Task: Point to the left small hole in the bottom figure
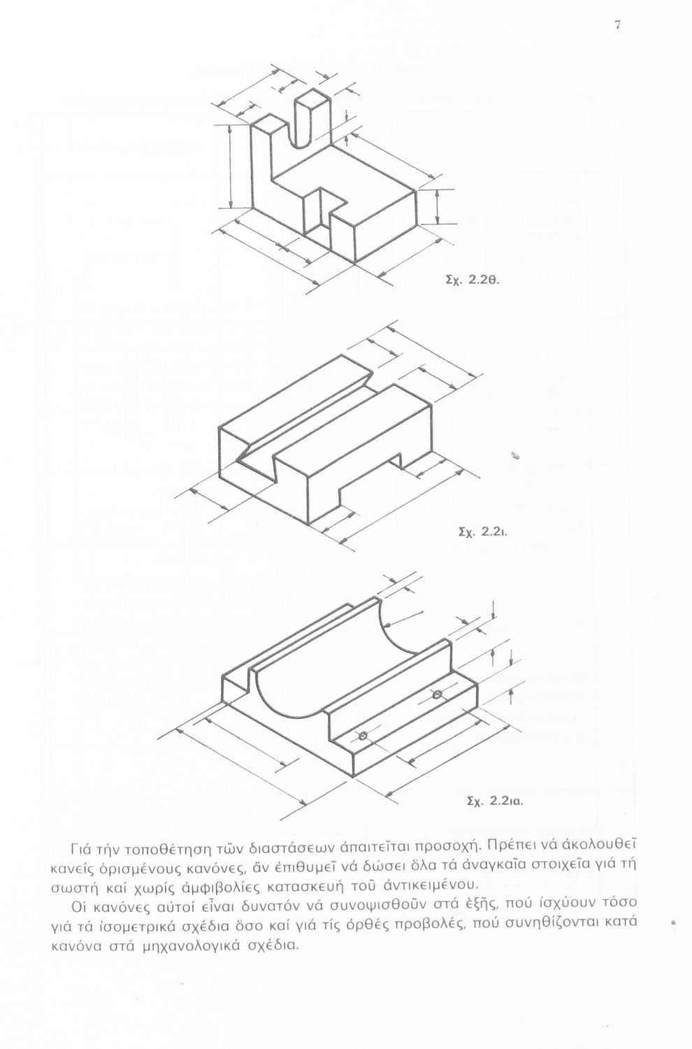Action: [x=363, y=736]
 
